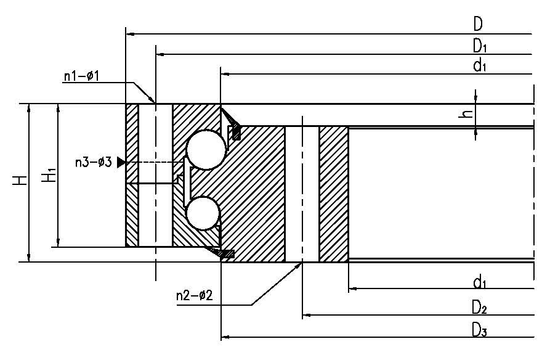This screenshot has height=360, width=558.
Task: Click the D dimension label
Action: (x=478, y=24)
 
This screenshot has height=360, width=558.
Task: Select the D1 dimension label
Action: (x=480, y=46)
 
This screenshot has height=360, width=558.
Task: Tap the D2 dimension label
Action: (x=479, y=308)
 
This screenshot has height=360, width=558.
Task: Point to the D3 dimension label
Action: (x=479, y=330)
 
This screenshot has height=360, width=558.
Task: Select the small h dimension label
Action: (x=467, y=113)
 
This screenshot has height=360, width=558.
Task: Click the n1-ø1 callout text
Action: (x=81, y=76)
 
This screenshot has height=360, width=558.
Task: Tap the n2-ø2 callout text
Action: (x=194, y=295)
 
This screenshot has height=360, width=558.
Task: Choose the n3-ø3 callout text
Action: (x=94, y=162)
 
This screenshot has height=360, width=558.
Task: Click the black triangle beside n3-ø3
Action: (x=121, y=162)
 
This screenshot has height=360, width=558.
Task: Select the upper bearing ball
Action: (x=206, y=150)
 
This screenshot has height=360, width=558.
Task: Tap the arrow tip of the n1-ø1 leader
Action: (x=155, y=102)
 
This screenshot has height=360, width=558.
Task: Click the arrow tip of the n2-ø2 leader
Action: (x=302, y=263)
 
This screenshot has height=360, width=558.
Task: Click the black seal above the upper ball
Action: (x=236, y=132)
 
